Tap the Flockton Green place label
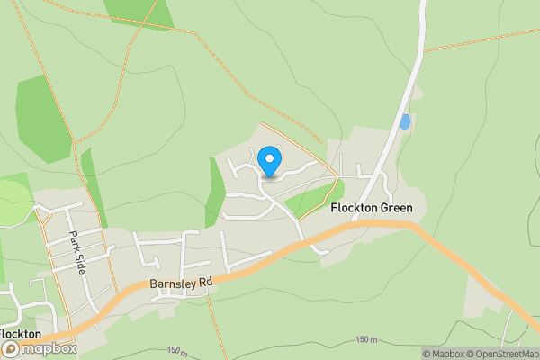372,208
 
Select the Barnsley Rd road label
181,283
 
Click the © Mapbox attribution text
443,354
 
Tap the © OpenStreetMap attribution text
503,354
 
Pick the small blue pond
405,121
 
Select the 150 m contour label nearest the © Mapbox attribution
366,339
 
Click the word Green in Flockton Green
395,208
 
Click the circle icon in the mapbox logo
12,348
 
